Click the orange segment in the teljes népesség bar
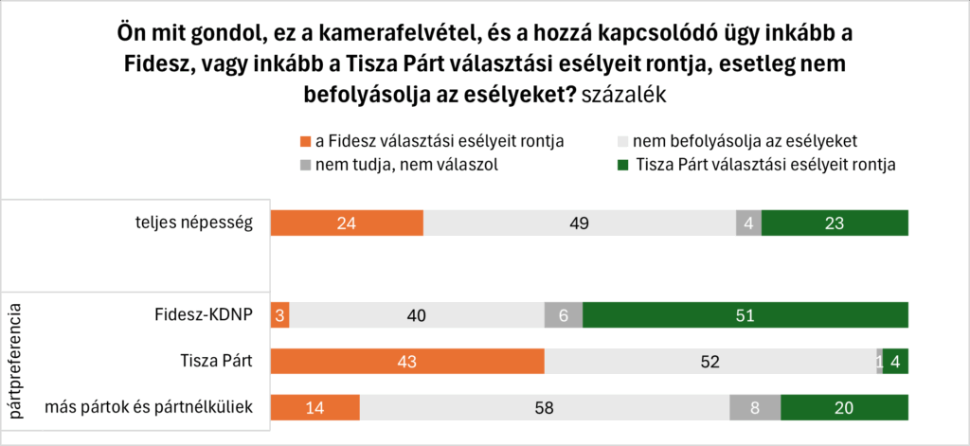point(347,223)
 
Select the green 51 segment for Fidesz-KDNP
point(745,315)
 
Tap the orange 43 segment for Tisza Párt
point(407,362)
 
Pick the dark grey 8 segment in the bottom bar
point(755,408)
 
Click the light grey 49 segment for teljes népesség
point(579,223)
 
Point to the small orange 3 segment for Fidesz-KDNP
point(279,315)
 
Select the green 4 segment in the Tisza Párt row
point(895,362)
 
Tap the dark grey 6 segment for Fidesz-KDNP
point(564,315)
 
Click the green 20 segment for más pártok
point(844,408)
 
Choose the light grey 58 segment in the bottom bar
point(544,408)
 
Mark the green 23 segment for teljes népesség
point(835,223)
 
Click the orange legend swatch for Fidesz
point(305,142)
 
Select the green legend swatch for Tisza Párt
point(622,165)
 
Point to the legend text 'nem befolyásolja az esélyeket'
point(745,141)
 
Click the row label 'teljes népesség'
point(194,223)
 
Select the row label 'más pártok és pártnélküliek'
point(150,408)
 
